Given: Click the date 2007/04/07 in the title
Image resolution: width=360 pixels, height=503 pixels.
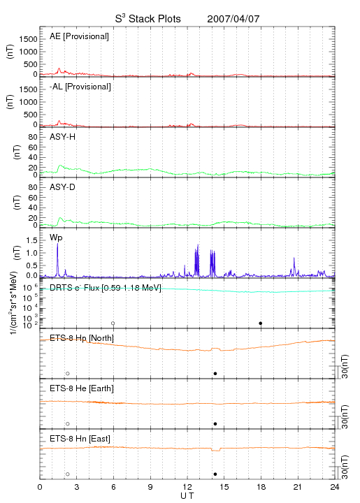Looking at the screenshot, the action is tap(233, 19).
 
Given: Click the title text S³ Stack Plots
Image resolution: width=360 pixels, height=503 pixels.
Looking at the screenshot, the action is tap(148, 19).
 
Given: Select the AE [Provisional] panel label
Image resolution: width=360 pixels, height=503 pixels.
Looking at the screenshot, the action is tap(79, 36).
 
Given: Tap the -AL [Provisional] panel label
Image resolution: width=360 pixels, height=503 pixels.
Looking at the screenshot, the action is tap(80, 87).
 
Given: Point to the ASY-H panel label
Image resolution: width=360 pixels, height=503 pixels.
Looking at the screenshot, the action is tap(63, 137).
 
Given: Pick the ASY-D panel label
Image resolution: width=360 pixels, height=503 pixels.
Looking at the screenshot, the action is tap(62, 187).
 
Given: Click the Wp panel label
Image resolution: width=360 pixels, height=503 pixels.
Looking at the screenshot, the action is tap(56, 238).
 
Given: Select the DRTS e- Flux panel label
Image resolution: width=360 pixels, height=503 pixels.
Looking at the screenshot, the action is tap(106, 288).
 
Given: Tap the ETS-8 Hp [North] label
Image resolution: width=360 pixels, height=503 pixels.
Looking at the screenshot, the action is tap(82, 338).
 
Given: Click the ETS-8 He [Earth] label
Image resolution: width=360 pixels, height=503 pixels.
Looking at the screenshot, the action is tap(82, 388).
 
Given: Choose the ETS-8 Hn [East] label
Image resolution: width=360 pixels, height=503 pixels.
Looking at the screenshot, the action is tap(80, 439).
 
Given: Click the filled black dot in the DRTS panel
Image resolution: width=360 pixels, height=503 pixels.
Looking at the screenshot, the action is tap(261, 323).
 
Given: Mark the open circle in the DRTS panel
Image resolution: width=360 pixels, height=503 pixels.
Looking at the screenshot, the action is tap(113, 323).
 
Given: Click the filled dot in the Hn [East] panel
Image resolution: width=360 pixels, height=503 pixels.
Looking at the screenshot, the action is tap(215, 474).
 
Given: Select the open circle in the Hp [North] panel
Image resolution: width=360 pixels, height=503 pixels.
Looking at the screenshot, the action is tap(68, 374).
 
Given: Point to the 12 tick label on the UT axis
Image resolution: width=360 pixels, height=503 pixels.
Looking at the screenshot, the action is tap(187, 487).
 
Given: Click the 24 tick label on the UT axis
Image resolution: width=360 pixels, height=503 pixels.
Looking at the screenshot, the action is tap(335, 487).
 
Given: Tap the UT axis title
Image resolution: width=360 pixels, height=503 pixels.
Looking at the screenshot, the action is tap(187, 496).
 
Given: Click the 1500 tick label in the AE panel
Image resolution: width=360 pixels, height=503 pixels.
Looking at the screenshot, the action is tap(29, 39).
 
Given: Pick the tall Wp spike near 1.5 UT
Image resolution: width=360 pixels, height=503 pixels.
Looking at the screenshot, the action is tap(58, 259).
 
